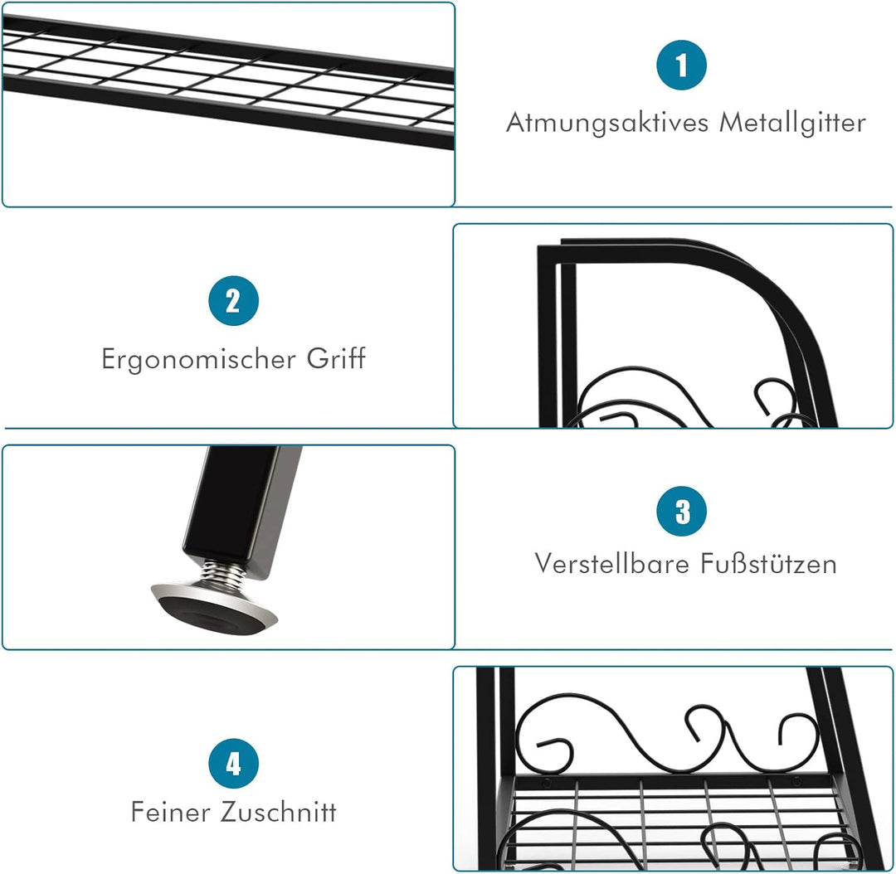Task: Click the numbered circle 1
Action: [682, 66]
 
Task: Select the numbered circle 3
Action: [682, 512]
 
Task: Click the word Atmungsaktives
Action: [608, 124]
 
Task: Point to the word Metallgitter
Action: [792, 124]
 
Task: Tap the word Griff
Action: [335, 359]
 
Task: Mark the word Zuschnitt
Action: [279, 812]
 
